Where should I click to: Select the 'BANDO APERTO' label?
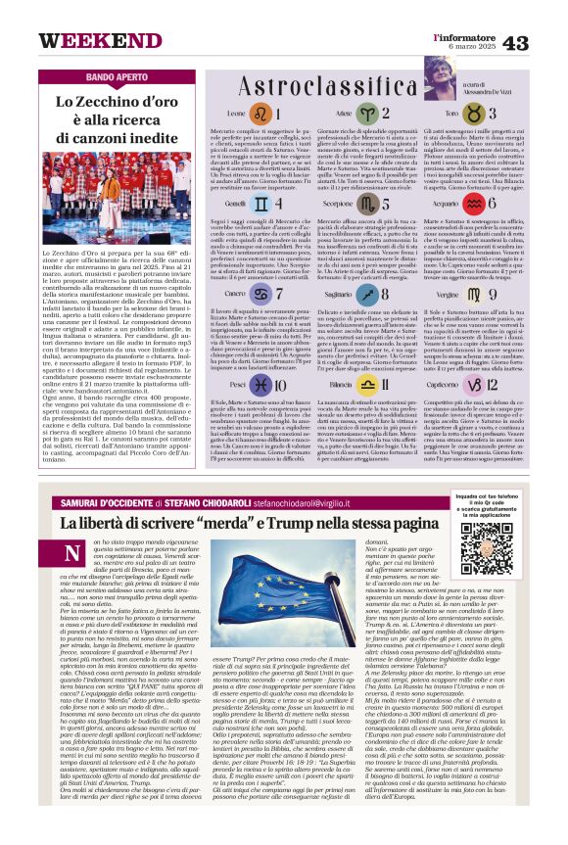[x=116, y=76]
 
